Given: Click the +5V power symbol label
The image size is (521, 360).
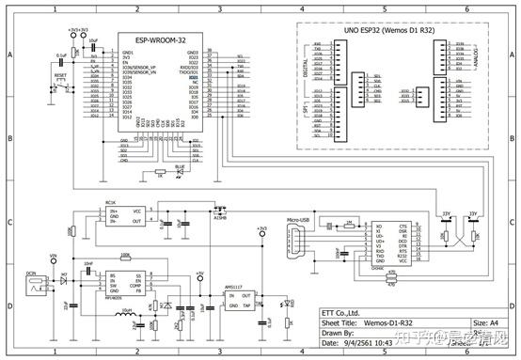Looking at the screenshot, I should coord(199,274).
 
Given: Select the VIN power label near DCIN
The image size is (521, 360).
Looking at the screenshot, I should coord(54,257).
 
